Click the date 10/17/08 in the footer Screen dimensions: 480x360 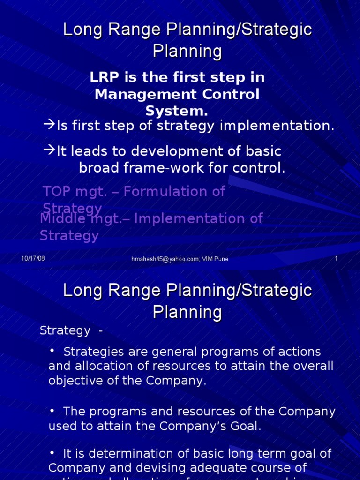[33, 259]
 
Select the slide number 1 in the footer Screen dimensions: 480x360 [336, 259]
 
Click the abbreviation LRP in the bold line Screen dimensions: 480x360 [103, 77]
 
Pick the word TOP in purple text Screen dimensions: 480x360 [57, 191]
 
